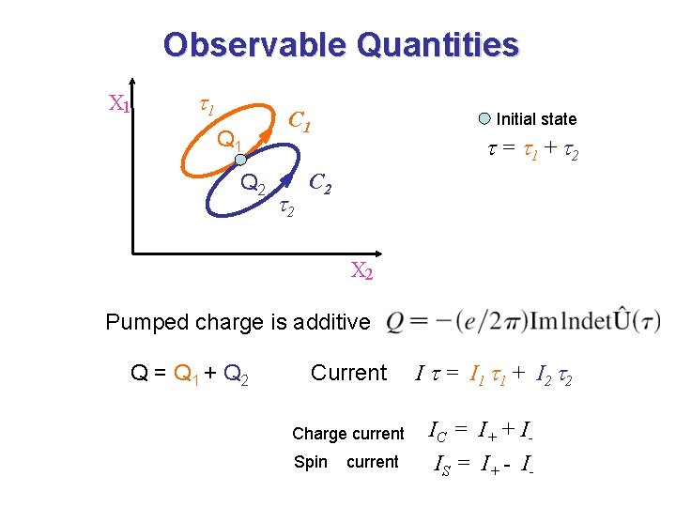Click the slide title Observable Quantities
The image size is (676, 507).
[340, 45]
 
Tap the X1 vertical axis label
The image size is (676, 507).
[118, 103]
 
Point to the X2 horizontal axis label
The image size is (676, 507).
[362, 271]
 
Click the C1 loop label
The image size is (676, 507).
[300, 121]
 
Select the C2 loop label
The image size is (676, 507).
[320, 183]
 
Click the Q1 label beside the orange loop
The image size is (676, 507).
[230, 142]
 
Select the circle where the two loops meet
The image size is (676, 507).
[240, 160]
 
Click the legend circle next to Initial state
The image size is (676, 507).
[484, 118]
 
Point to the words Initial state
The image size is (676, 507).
[536, 119]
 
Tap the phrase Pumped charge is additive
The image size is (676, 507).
[238, 322]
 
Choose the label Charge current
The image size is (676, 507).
[347, 433]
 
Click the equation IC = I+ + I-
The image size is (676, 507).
[478, 432]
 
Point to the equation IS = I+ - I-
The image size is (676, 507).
[484, 462]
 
